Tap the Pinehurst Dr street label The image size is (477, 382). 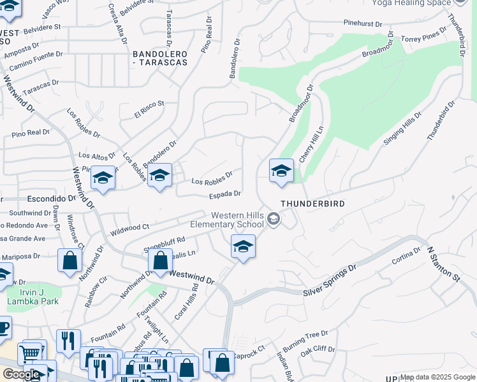pos(361,24)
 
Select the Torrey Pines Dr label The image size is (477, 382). pos(425,36)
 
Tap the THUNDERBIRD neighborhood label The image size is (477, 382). pos(313,204)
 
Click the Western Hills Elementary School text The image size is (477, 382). pos(228,220)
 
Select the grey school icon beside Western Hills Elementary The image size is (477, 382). pos(274,220)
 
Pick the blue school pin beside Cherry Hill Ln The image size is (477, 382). pos(281,171)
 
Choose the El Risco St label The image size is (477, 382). pos(149,109)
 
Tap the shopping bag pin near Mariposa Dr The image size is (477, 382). pos(70,261)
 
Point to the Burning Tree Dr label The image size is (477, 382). pos(305,337)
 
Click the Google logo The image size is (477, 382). pos(21,374)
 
